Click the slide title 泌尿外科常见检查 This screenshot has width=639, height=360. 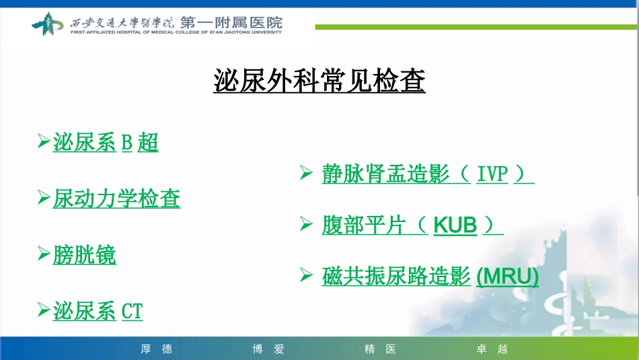pos(319,82)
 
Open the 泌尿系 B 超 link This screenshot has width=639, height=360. pos(106,143)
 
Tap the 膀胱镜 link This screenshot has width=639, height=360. pos(85,255)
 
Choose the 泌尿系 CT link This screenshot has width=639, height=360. pos(98,311)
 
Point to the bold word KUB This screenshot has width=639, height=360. pos(455,225)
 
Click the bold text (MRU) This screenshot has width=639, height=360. pos(507,277)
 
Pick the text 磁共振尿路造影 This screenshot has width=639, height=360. pos(396,277)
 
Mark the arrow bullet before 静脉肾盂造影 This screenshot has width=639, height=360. pos(305,174)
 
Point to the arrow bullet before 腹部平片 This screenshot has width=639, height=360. pos(305,224)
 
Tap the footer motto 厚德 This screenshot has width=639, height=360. pos(157,349)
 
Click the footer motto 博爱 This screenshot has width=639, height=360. pos(268,349)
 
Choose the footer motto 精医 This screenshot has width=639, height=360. pos(380,349)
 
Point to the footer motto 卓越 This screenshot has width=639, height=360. pos(492,349)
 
